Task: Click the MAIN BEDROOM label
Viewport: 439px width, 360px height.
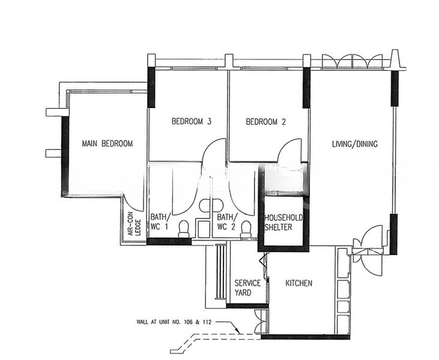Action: tap(107, 143)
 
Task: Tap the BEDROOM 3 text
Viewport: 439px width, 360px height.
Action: tap(191, 122)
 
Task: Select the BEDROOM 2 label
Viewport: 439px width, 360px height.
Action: tap(265, 122)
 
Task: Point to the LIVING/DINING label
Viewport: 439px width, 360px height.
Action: tap(354, 144)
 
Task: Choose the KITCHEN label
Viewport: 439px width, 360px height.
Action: tap(298, 283)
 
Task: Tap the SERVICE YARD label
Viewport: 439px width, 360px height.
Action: tap(247, 288)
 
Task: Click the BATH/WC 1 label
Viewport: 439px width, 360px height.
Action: tap(160, 222)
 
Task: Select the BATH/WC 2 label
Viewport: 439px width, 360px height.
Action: tap(227, 222)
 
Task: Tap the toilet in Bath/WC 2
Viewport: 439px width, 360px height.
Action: tap(246, 229)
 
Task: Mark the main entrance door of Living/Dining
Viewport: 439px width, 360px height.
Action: tap(368, 243)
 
